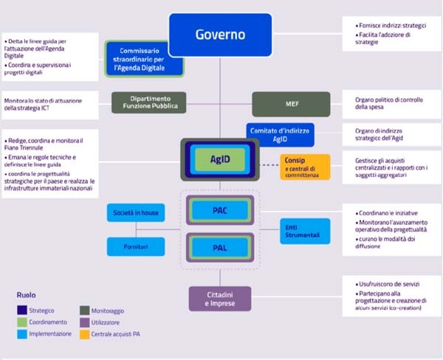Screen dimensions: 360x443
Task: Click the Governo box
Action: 221,35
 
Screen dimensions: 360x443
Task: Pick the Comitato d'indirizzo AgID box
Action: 281,134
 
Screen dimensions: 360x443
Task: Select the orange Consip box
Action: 305,165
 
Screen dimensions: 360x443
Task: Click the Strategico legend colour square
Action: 22,311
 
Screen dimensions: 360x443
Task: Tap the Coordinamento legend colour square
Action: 22,322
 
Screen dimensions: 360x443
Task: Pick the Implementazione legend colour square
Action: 22,334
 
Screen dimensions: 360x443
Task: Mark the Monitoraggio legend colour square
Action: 84,311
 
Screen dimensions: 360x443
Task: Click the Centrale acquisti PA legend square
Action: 84,334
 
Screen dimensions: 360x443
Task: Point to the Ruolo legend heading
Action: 26,295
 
